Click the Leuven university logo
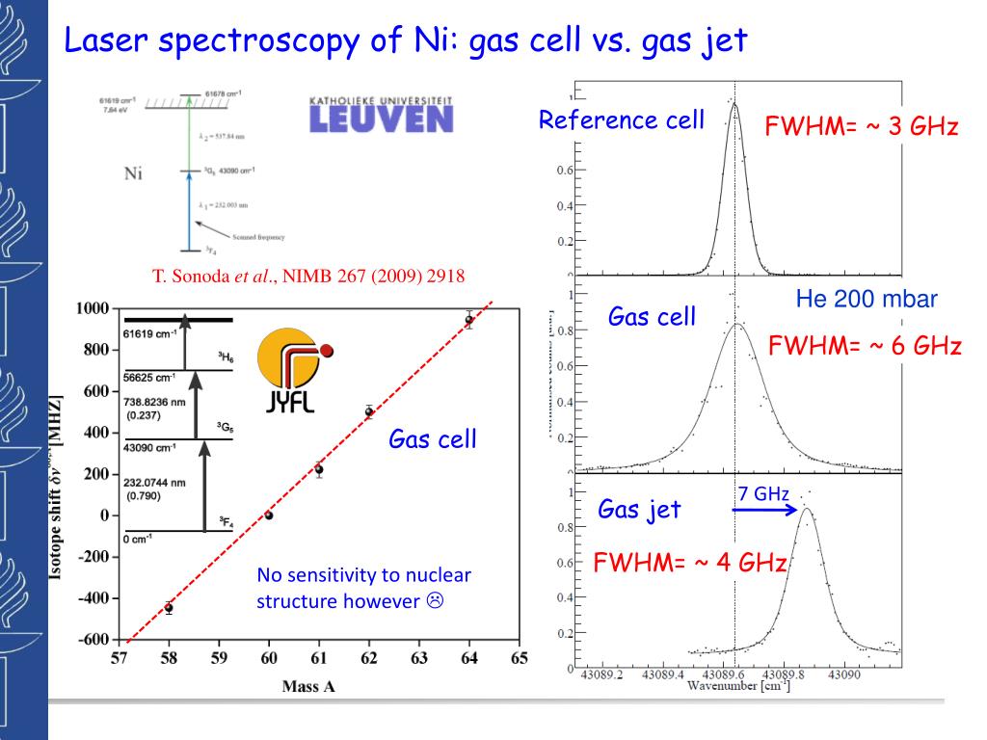[x=380, y=114]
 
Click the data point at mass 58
[x=169, y=607]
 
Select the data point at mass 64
[x=469, y=320]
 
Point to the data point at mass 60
[x=269, y=515]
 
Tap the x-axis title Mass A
[x=308, y=687]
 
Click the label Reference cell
[x=622, y=120]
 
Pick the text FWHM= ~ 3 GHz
[x=862, y=126]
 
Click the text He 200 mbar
[x=867, y=299]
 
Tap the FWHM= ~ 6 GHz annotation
[x=865, y=346]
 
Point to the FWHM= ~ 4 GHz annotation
[x=689, y=563]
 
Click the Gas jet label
[x=639, y=509]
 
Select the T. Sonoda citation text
[x=309, y=277]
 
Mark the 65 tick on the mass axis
[x=520, y=659]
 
